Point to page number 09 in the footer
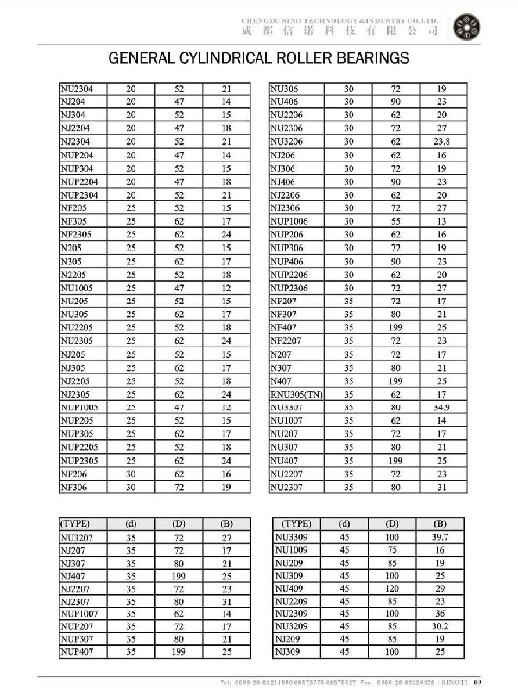(x=478, y=682)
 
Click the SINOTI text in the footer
(x=454, y=682)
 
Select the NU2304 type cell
(x=76, y=89)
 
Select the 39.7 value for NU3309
(x=440, y=537)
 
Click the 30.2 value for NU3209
(x=440, y=626)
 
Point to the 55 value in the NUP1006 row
(x=395, y=222)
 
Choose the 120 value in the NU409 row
(x=392, y=588)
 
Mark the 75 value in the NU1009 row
(x=392, y=550)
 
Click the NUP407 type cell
(x=77, y=652)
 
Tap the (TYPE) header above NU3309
(x=296, y=524)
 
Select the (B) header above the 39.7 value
(x=440, y=524)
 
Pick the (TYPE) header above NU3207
(x=75, y=524)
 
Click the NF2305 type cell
(x=75, y=235)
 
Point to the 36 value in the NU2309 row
(x=440, y=614)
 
